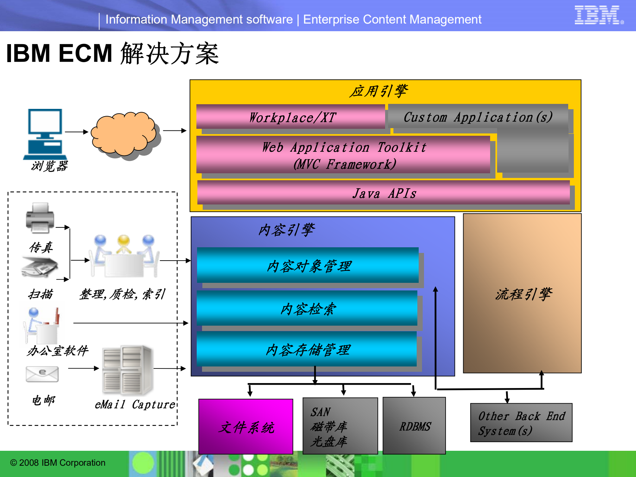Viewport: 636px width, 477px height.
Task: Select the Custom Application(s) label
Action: tap(478, 117)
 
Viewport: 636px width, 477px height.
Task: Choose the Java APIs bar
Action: tap(383, 193)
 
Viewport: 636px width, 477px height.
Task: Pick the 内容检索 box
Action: tap(307, 309)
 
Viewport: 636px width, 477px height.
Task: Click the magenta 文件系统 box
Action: tap(246, 427)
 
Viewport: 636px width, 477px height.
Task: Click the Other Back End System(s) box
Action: tap(521, 423)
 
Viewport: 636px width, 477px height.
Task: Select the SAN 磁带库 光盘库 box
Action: tap(340, 426)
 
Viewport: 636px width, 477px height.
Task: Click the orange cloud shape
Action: tap(124, 134)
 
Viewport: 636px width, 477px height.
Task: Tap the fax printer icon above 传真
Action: tap(40, 217)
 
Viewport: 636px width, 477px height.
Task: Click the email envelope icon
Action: tap(42, 374)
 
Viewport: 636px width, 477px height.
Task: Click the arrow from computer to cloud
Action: tap(76, 132)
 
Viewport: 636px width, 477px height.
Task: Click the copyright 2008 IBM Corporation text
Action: tap(57, 463)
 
